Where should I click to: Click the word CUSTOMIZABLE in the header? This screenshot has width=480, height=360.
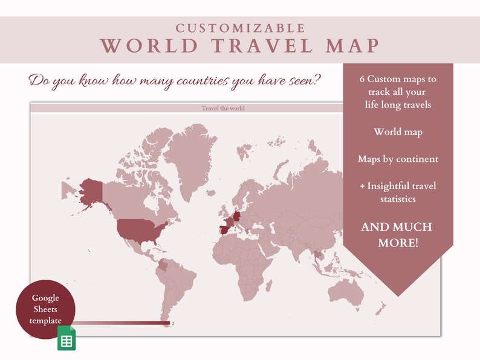coord(240,28)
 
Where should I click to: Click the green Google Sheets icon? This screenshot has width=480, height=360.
coord(66,339)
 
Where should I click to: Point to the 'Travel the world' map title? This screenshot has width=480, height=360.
coord(223,109)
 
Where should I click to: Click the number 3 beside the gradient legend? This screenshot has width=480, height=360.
coord(174,324)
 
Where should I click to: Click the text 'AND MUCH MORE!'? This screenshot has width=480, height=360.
coord(397,234)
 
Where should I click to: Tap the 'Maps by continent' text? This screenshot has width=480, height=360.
coord(398,159)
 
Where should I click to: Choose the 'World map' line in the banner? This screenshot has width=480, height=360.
coord(398,132)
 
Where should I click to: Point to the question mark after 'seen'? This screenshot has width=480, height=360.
coord(317,80)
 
